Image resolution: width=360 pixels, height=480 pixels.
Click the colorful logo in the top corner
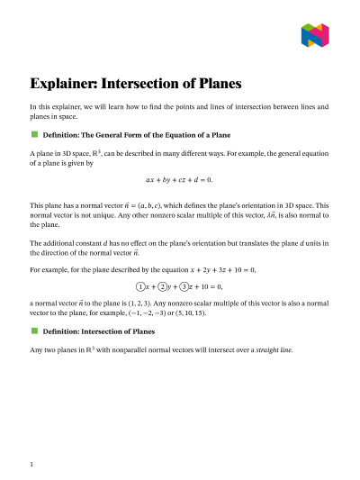[315, 35]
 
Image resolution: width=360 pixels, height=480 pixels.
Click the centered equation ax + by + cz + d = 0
[180, 180]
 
